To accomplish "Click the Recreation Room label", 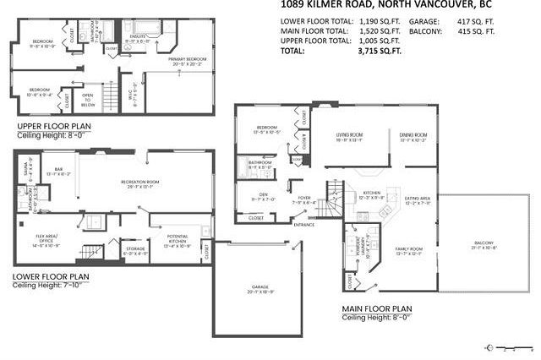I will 141,183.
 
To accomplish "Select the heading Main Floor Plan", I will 377,308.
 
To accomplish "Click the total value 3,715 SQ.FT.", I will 363,51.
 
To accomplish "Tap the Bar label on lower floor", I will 59,171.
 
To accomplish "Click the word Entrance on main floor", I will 303,225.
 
